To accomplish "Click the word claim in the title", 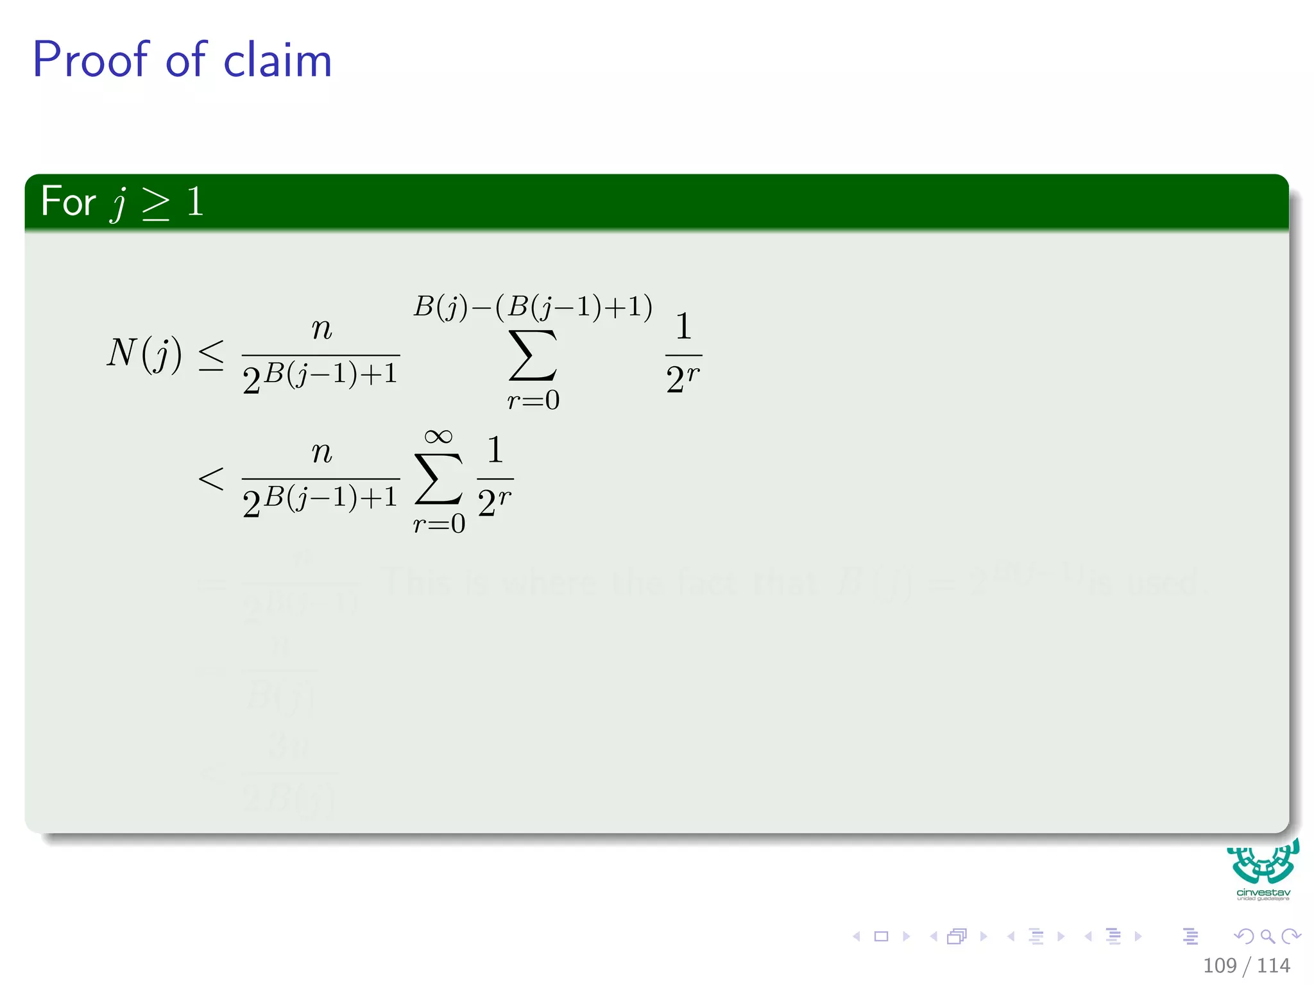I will pos(277,61).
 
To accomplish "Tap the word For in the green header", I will pos(68,201).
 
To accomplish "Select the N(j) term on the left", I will pos(144,353).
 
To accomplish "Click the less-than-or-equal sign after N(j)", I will pos(211,355).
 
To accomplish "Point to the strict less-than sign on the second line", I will pos(211,478).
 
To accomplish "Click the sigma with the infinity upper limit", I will pos(438,478).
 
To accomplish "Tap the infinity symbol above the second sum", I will pos(438,437).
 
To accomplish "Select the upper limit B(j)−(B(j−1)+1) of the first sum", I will pos(533,307).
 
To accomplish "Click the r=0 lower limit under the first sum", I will pos(533,400).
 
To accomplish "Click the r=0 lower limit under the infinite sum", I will pos(439,524).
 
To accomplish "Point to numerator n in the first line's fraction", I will pos(321,329).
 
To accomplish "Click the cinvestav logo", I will pos(1263,868).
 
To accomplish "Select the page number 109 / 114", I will pos(1246,965).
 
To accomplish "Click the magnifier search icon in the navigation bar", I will pos(1267,936).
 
